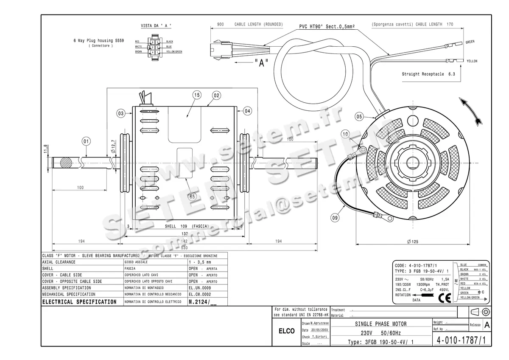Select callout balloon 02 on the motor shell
(216, 96)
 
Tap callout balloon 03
(121, 113)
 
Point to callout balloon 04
(247, 111)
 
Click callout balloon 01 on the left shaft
(86, 141)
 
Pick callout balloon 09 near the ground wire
(335, 218)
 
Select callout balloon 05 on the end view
(359, 116)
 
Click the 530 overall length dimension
(185, 247)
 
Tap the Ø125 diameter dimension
(412, 242)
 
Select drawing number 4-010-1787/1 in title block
(461, 340)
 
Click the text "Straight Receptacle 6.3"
(428, 74)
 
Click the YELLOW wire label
(472, 61)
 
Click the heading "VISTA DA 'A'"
(156, 26)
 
